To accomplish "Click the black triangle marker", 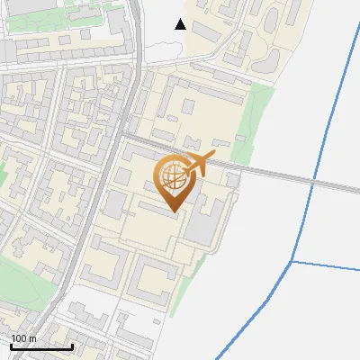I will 181,24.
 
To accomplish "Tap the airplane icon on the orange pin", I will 199,164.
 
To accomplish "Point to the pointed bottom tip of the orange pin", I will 174,212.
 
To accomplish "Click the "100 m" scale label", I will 23,338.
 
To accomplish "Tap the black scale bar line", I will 41,346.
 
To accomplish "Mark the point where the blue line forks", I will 292,262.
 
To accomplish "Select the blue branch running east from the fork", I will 328,265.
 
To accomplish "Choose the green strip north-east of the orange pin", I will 256,112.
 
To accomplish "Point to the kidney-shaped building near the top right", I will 268,59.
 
